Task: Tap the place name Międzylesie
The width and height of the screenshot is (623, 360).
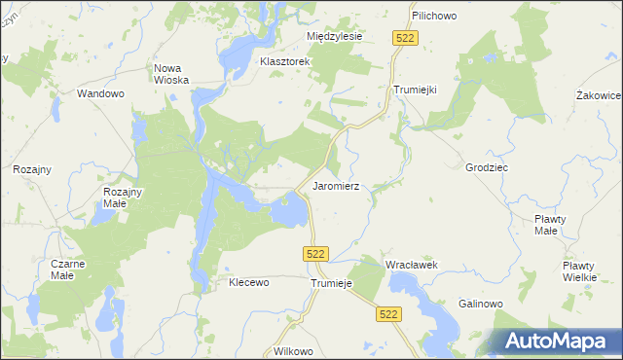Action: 334,36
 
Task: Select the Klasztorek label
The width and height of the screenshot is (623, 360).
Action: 284,61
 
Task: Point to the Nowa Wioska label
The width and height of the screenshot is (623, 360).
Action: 170,75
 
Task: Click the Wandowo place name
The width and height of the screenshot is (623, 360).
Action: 101,94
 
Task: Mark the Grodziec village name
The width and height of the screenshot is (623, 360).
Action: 487,167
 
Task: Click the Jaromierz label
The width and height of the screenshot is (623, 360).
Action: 337,185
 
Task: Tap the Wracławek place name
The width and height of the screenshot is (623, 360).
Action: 412,265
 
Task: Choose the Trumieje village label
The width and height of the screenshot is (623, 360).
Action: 329,283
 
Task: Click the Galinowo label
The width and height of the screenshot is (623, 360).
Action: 481,304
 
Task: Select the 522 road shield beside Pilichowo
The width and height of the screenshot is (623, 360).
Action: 406,37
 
